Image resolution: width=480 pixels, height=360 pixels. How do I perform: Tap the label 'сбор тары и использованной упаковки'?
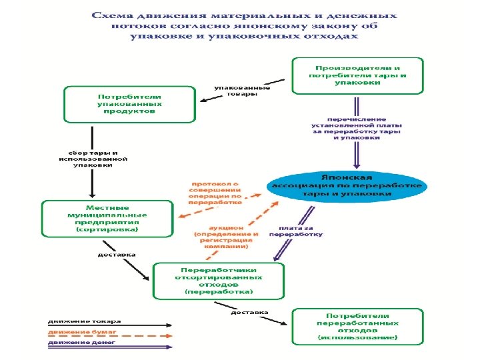92,159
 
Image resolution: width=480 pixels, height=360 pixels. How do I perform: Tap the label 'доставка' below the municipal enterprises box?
117,254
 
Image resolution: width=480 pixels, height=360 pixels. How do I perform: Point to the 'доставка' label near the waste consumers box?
249,311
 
